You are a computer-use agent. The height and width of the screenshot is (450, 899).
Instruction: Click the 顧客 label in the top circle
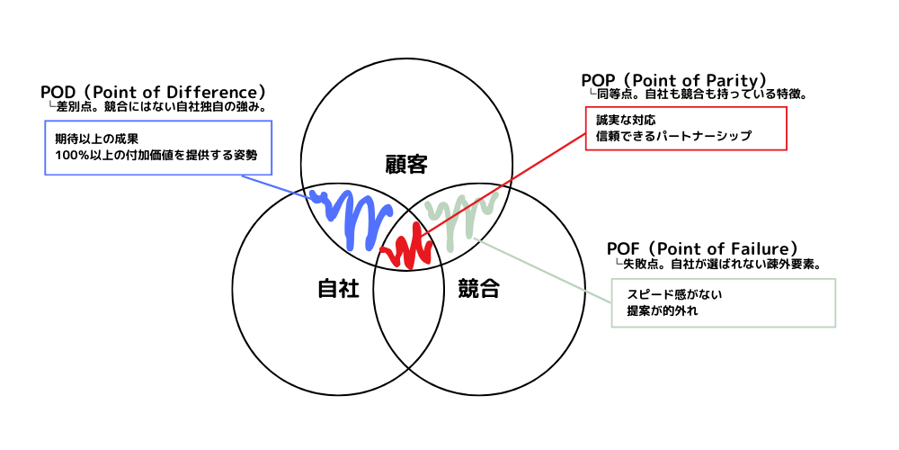pos(406,166)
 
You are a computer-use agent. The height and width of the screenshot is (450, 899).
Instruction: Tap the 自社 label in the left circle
pos(338,289)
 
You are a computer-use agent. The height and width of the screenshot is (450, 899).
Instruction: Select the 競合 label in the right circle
pos(479,289)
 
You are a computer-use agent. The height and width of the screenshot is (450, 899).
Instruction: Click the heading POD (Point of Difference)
pos(153,92)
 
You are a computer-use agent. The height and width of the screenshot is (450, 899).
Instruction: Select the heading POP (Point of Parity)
pos(674,80)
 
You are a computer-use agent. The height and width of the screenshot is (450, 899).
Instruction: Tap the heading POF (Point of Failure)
pos(703,249)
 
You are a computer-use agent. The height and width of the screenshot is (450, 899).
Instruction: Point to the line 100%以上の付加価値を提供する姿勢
pos(153,155)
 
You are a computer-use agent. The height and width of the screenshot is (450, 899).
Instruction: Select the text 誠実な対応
pos(625,121)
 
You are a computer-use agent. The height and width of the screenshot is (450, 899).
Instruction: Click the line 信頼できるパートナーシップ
pos(673,136)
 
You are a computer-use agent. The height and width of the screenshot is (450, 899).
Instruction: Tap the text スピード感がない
pos(674,295)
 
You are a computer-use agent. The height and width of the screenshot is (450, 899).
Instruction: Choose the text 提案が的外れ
pos(662,311)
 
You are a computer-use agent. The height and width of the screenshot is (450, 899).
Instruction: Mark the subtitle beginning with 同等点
pos(699,94)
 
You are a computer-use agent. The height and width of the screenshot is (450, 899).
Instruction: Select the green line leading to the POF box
pos(545,270)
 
